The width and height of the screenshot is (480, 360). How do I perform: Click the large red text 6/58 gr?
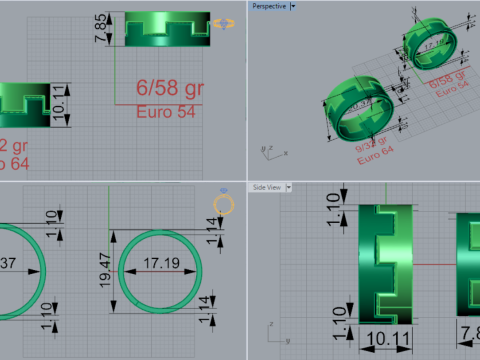pos(169,90)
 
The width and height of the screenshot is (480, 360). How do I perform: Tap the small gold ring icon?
pos(224,207)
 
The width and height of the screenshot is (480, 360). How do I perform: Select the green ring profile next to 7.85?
pos(168,29)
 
